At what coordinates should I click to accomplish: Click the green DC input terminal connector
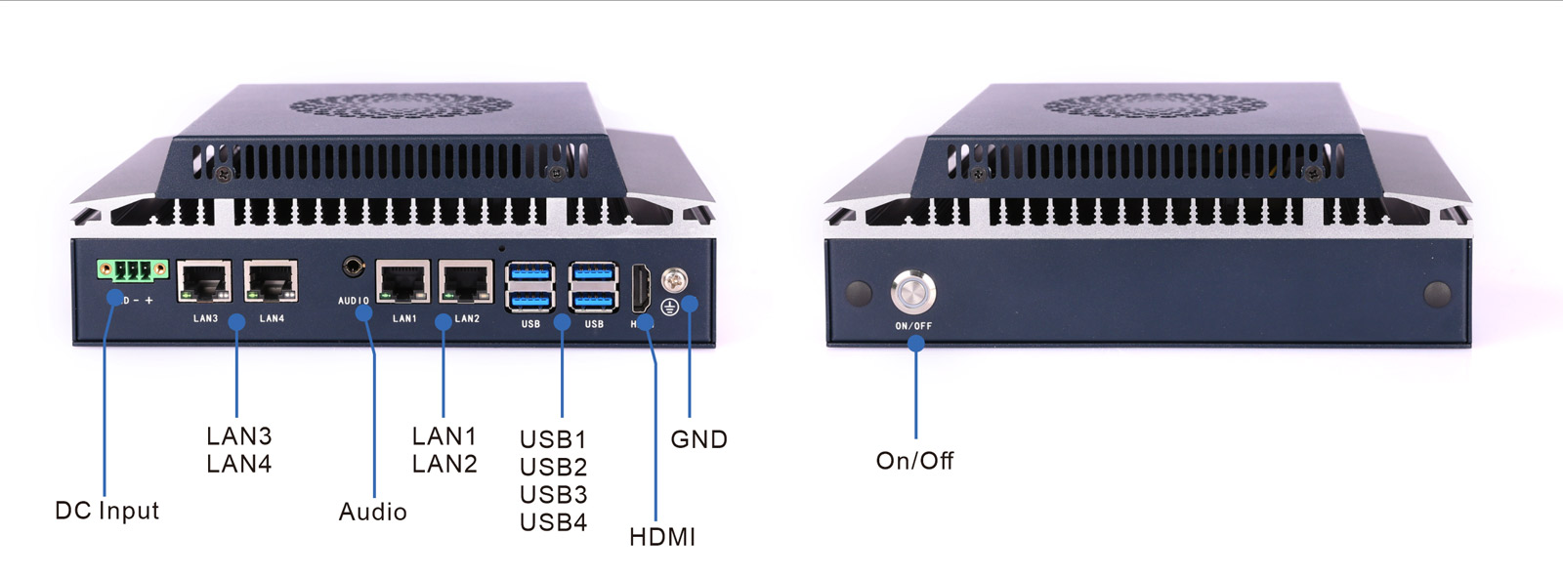132,269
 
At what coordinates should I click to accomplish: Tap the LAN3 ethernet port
204,282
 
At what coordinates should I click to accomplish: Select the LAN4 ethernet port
271,282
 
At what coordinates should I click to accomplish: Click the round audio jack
354,267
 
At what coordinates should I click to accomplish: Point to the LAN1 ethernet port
402,282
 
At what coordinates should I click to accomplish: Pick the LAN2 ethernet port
466,282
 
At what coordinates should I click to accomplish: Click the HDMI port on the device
641,288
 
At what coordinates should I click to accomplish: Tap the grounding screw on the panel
674,281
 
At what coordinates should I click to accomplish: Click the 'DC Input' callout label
106,511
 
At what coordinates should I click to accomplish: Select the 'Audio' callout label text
372,512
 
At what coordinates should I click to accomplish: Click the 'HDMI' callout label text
662,537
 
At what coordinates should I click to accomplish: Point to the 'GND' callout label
698,439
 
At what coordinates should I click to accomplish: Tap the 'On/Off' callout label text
914,461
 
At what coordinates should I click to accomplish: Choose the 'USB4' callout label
553,522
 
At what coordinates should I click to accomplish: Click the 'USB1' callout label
553,439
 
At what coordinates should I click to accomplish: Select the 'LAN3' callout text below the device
238,435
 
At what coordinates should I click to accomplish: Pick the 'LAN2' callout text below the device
444,464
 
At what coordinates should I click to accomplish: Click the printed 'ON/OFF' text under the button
913,326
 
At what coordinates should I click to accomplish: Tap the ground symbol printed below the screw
669,308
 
